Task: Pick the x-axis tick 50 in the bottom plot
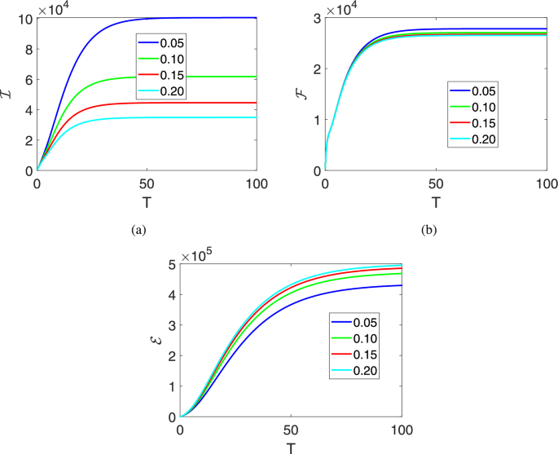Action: [x=291, y=429]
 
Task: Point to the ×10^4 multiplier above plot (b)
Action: [x=345, y=9]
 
